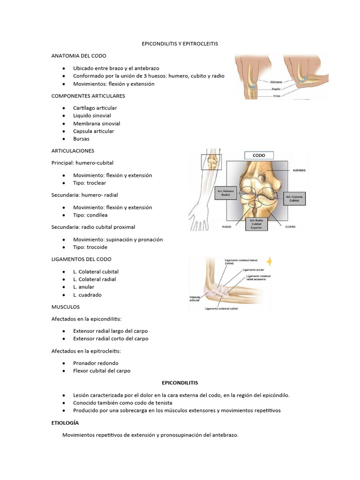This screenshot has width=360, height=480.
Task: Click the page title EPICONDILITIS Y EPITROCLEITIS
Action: [180, 43]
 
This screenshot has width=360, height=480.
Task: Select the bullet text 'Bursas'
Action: [81, 139]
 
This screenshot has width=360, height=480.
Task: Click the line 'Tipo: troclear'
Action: [90, 183]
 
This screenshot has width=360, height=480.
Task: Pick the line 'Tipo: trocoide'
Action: [90, 247]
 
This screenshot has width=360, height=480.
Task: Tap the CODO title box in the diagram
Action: [259, 155]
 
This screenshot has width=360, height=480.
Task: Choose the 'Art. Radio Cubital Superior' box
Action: [259, 225]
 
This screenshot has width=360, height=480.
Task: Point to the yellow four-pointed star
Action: [270, 261]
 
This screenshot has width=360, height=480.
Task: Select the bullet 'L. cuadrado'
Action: [87, 295]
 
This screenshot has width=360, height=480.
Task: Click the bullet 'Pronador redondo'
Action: [96, 363]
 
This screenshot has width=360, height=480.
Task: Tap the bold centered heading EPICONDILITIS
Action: [180, 382]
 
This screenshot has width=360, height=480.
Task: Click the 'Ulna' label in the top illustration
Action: [277, 96]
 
